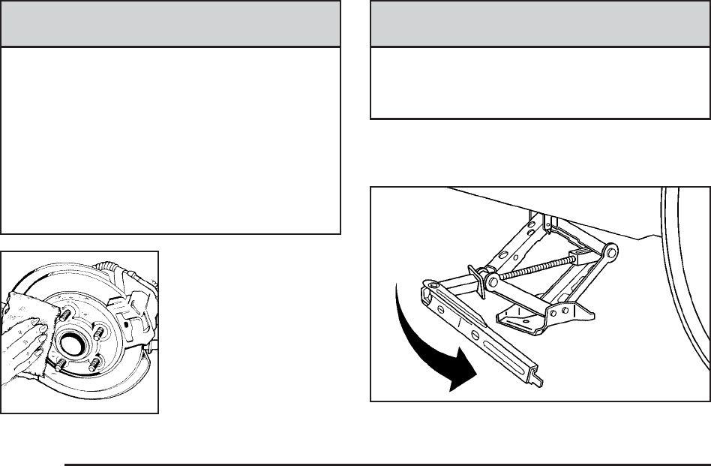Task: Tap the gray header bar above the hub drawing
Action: coord(171,25)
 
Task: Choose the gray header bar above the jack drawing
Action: coord(540,25)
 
